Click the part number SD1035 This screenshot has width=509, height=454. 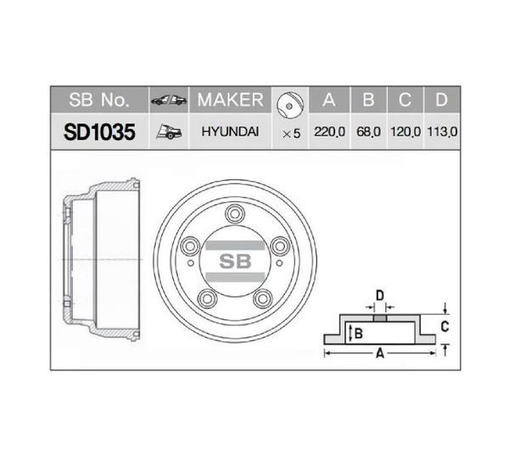click(x=99, y=132)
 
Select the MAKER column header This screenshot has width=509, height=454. click(x=230, y=99)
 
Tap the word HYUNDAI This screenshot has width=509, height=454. click(x=230, y=132)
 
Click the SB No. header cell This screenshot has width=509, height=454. click(x=99, y=99)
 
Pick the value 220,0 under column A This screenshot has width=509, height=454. click(x=329, y=132)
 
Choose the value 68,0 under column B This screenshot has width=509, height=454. click(x=368, y=132)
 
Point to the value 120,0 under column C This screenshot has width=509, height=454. click(x=406, y=132)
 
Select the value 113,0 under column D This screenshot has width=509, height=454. click(x=442, y=132)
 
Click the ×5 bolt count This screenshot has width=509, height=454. click(x=291, y=133)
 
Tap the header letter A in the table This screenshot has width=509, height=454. click(x=329, y=99)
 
